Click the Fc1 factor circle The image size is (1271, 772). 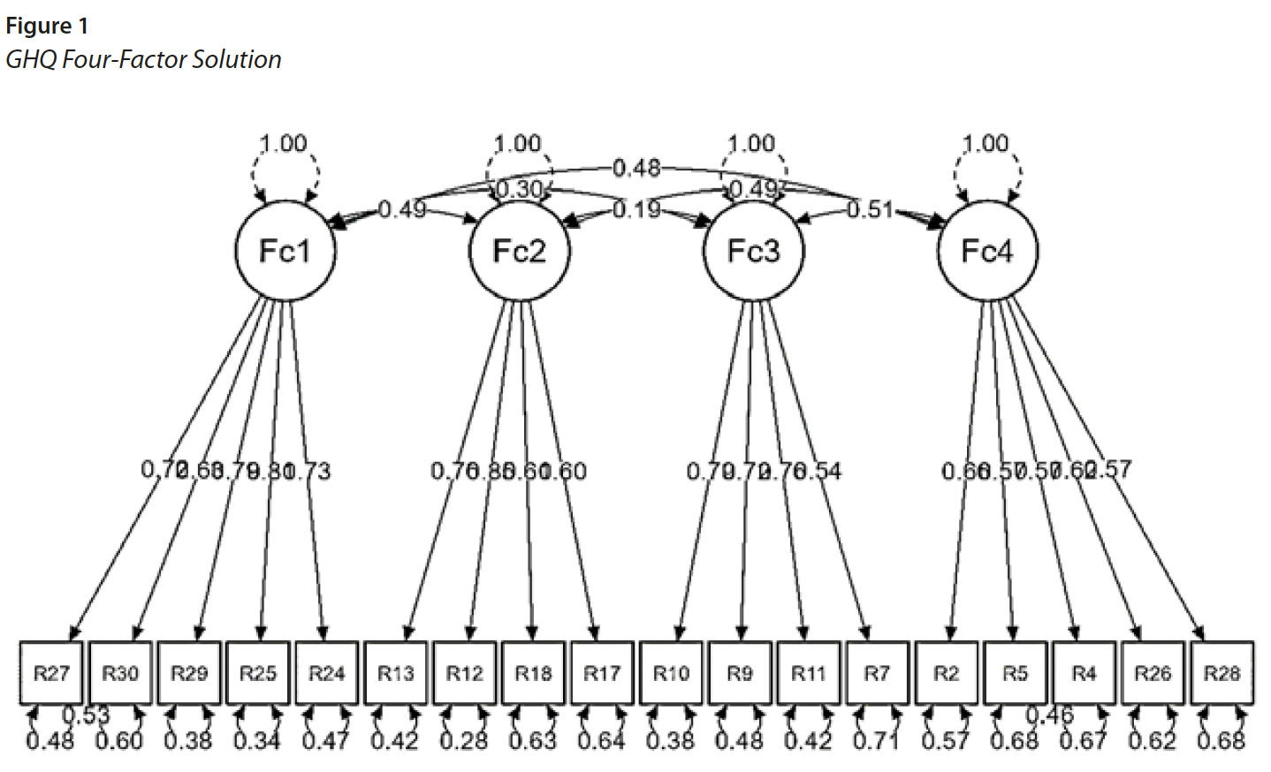(285, 252)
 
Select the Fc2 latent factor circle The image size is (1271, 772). (519, 252)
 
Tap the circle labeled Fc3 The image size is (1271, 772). (753, 252)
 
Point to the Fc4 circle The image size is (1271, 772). (987, 252)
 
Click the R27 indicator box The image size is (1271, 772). (51, 673)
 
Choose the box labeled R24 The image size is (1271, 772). (326, 673)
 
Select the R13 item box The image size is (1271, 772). (395, 673)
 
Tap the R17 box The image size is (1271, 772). (602, 673)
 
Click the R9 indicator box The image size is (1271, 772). (740, 673)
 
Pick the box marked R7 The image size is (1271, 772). (877, 673)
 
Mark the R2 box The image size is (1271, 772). (946, 673)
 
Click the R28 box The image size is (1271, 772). (1222, 673)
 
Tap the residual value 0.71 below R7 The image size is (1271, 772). (877, 739)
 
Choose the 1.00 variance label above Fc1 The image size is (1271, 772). (284, 143)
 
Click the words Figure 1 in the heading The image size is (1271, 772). (47, 26)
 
